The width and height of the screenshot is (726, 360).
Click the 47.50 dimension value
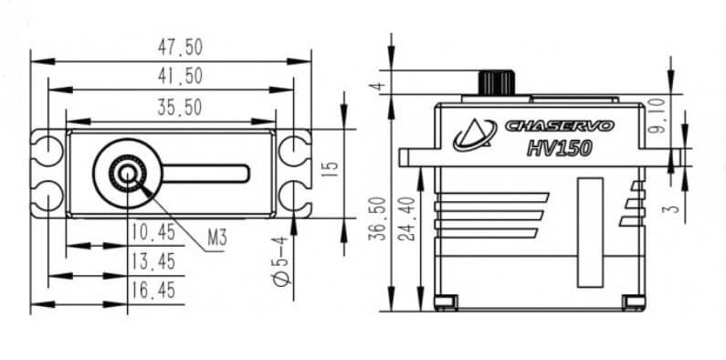[x=180, y=48]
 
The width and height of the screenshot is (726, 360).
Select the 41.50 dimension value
[x=180, y=76]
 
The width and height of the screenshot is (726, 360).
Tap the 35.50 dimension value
[x=180, y=108]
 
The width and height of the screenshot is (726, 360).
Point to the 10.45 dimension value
[x=153, y=232]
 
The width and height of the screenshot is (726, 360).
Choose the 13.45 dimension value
[x=153, y=261]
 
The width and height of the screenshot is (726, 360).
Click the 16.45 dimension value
[x=153, y=291]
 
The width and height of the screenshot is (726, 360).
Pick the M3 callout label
[x=216, y=238]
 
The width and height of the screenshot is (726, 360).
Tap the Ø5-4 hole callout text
[x=281, y=261]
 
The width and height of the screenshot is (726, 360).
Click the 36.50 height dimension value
[x=377, y=218]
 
